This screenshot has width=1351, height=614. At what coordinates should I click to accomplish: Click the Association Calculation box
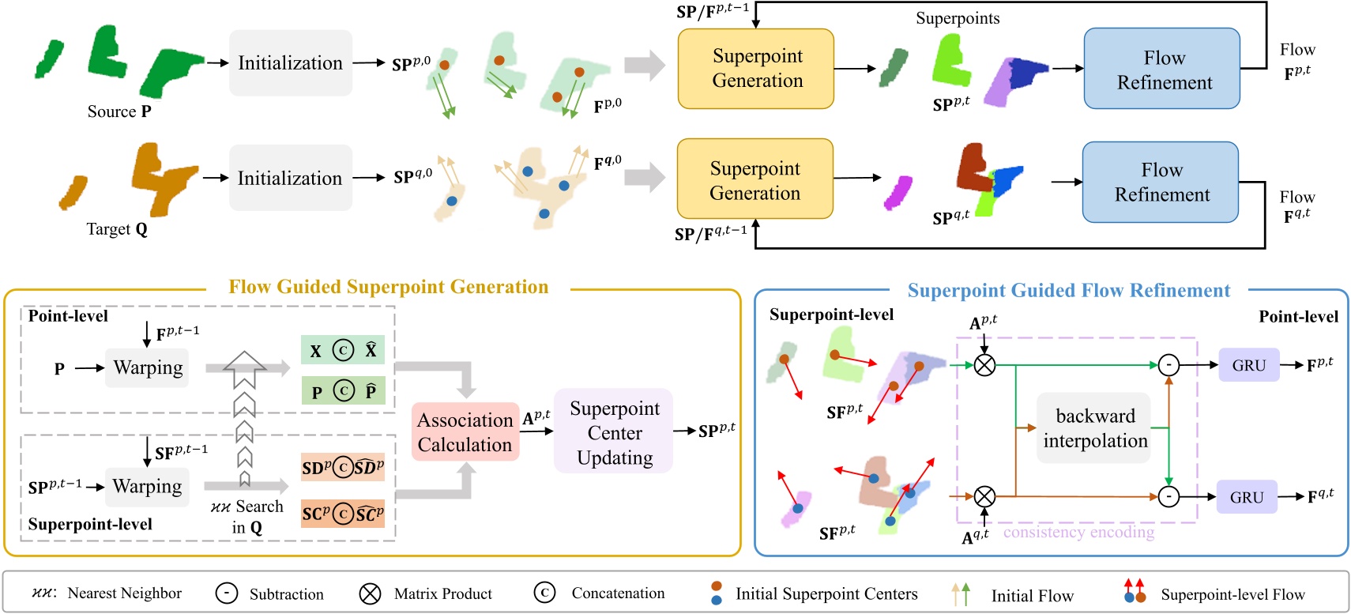coord(465,432)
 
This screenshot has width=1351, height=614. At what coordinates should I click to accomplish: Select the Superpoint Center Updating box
coord(614,432)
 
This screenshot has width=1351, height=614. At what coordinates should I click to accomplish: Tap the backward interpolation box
coord(1094,428)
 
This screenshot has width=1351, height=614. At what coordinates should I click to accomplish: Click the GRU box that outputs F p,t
coord(1248,366)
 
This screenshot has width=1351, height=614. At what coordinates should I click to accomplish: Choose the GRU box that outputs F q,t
coord(1246,498)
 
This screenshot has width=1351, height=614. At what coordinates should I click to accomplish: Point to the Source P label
coord(119,111)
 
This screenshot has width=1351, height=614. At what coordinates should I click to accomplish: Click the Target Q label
coord(117,229)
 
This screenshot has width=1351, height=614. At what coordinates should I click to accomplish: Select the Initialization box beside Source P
coord(291,63)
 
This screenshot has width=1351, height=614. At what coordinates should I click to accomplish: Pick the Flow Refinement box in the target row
coord(1161,183)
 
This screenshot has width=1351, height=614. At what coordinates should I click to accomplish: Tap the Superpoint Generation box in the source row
coord(756,69)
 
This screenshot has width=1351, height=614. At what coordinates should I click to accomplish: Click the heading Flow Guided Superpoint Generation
coord(388,287)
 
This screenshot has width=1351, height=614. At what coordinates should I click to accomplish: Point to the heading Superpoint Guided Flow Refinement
coord(1068,291)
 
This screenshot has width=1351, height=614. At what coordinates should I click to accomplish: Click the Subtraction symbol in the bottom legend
coord(227,593)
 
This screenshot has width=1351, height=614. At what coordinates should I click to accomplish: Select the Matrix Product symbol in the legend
coord(370,593)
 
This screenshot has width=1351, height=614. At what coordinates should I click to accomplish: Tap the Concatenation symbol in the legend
coord(544,593)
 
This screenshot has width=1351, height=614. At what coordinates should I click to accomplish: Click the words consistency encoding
coord(1078,533)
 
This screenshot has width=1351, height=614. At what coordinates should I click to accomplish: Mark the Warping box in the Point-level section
coord(148,367)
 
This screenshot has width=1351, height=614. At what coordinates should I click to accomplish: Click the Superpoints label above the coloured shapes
coord(958,18)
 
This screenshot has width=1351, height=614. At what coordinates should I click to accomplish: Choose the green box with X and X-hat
coord(343,350)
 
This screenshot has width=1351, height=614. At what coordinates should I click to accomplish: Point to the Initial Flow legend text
coord(1032,596)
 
